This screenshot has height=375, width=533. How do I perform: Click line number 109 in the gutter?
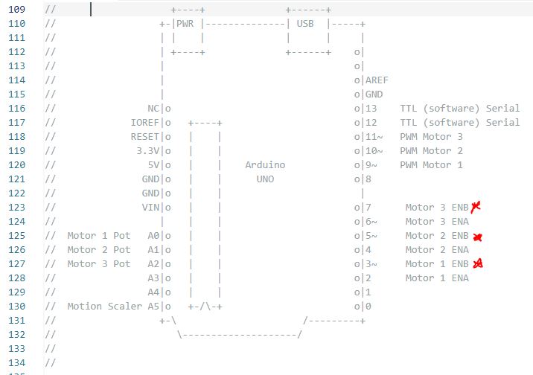point(16,9)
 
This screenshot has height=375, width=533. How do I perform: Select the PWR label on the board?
point(185,24)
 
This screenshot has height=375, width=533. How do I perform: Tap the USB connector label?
point(305,24)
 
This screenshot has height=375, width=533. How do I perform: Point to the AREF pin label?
point(377,80)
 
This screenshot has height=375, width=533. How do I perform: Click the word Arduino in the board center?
point(265,165)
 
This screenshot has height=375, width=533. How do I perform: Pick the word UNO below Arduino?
point(265,179)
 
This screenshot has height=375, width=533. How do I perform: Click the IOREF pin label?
point(145,123)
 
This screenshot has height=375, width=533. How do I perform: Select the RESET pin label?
point(145,137)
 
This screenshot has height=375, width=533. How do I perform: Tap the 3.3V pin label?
point(148,151)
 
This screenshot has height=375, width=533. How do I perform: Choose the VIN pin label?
point(150,207)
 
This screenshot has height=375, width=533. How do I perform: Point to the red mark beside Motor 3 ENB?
point(476,207)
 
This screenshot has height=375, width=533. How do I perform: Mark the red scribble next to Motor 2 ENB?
point(478,237)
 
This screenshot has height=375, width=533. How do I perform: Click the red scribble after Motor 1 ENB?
point(478,263)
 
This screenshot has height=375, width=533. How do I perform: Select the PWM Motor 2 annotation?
point(431,151)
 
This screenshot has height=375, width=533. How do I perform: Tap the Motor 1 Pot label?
point(98,236)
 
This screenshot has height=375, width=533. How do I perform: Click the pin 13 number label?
point(371,109)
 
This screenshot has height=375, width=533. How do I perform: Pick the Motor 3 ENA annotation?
point(437,222)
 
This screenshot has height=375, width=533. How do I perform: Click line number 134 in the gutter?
point(16,363)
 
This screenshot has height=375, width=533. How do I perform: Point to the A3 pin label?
point(153,278)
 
